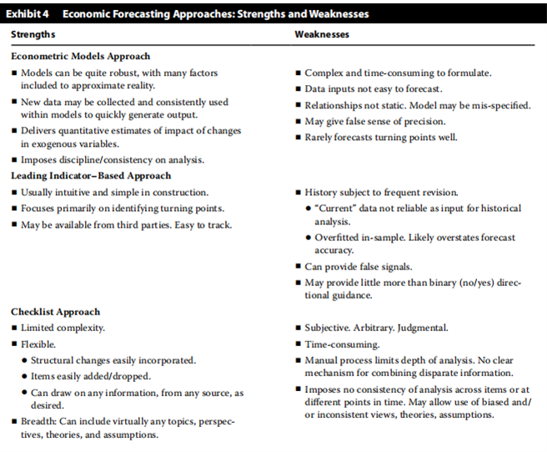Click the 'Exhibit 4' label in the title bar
(30, 14)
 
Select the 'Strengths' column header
(34, 35)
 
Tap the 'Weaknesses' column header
(322, 35)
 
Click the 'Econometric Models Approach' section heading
(80, 57)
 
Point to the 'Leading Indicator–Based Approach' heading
(91, 176)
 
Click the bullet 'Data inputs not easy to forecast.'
(373, 89)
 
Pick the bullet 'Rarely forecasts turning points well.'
(380, 137)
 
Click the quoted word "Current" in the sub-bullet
(335, 208)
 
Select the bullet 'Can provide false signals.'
(359, 266)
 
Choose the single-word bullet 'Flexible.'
(39, 344)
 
